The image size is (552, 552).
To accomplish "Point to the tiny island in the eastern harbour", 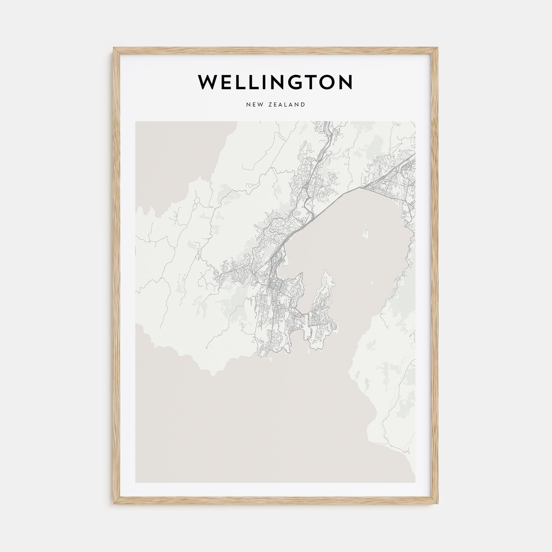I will pyautogui.click(x=372, y=283).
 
